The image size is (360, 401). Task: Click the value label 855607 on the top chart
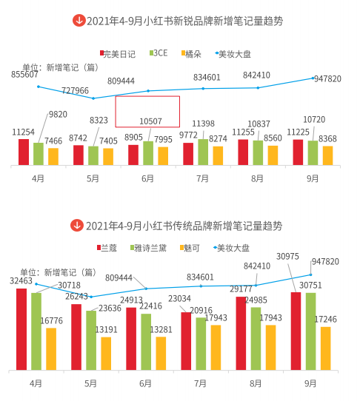pyautogui.click(x=25, y=75)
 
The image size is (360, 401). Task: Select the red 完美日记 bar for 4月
pyautogui.click(x=24, y=151)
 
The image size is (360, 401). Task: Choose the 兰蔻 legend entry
pyautogui.click(x=108, y=246)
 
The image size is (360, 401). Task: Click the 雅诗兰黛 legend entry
pyautogui.click(x=151, y=246)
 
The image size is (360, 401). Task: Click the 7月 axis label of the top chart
pyautogui.click(x=202, y=178)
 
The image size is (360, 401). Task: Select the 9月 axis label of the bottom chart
pyautogui.click(x=310, y=383)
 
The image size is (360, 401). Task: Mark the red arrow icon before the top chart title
pyautogui.click(x=78, y=21)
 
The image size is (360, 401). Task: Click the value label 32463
pyautogui.click(x=22, y=281)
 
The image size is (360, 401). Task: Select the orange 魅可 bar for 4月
pyautogui.click(x=51, y=348)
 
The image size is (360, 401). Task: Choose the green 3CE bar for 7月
pyautogui.click(x=203, y=151)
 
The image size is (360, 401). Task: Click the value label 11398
pyautogui.click(x=203, y=123)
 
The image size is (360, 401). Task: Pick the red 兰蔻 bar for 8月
pyautogui.click(x=241, y=333)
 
